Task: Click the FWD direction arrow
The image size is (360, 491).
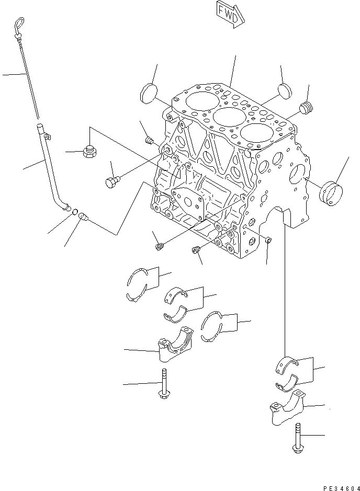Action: (228, 13)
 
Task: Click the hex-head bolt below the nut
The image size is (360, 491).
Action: (112, 182)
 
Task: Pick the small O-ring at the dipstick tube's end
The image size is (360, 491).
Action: (75, 212)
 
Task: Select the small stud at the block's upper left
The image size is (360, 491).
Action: (149, 140)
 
